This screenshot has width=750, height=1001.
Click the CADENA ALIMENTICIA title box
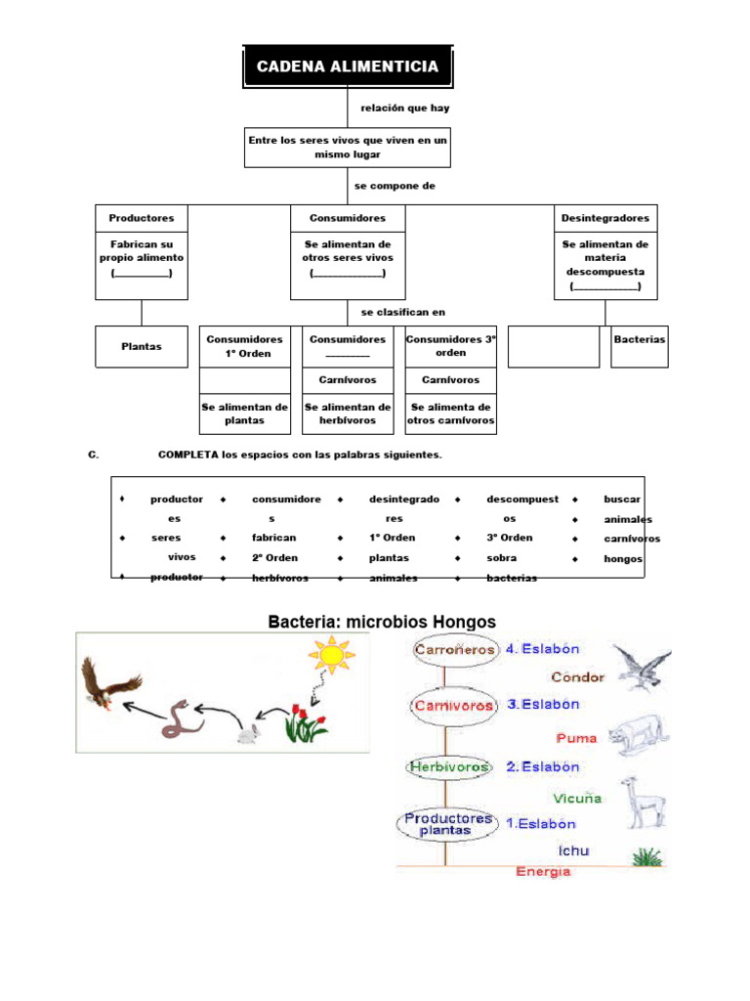[348, 66]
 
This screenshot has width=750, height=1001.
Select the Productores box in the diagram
[142, 218]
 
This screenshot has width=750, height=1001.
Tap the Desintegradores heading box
[605, 218]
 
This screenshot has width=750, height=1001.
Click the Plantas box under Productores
[142, 347]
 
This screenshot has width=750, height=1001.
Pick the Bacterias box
[639, 347]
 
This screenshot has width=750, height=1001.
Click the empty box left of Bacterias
[554, 347]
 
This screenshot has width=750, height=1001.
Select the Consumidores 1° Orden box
[245, 347]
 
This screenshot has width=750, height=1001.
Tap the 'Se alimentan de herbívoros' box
[348, 413]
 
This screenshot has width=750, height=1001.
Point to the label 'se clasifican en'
[403, 312]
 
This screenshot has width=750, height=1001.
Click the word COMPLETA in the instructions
[188, 455]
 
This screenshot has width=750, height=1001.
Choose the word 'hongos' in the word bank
[623, 558]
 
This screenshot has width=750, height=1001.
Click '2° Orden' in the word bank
[274, 557]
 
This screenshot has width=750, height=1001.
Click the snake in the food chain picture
[182, 719]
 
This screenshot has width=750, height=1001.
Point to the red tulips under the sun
[306, 722]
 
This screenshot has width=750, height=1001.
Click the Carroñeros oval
[453, 650]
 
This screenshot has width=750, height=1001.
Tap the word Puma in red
[576, 739]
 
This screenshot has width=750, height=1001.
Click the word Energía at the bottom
[543, 871]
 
